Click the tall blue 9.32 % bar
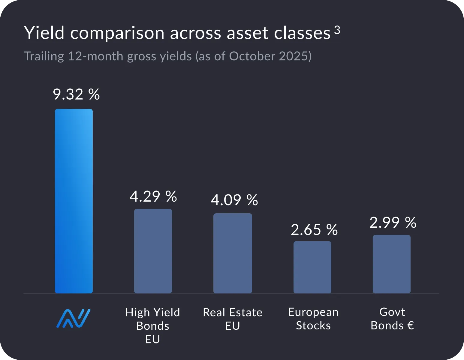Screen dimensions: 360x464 pyautogui.click(x=74, y=201)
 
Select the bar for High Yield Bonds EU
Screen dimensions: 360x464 pyautogui.click(x=153, y=251)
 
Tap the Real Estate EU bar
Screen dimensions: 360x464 pyautogui.click(x=233, y=253)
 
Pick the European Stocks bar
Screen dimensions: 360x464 pyautogui.click(x=312, y=267)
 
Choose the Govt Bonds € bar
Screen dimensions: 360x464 pyautogui.click(x=392, y=264)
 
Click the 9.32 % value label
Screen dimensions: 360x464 pyautogui.click(x=76, y=94)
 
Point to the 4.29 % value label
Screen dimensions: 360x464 pyautogui.click(x=153, y=196)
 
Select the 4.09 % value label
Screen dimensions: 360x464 pyautogui.click(x=234, y=200)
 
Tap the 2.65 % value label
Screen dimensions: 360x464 pyautogui.click(x=314, y=230)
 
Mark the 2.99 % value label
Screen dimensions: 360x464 pyautogui.click(x=393, y=223)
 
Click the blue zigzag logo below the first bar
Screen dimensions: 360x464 pyautogui.click(x=74, y=318)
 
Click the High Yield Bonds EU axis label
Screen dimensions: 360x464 pyautogui.click(x=153, y=326)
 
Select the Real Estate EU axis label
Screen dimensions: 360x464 pyautogui.click(x=233, y=319)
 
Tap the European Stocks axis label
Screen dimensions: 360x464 pyautogui.click(x=313, y=319)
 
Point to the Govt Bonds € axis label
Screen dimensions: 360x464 pyautogui.click(x=392, y=319)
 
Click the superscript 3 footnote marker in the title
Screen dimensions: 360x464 pyautogui.click(x=337, y=30)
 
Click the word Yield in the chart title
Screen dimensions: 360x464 pyautogui.click(x=44, y=33)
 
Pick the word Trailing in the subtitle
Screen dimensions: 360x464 pyautogui.click(x=44, y=56)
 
